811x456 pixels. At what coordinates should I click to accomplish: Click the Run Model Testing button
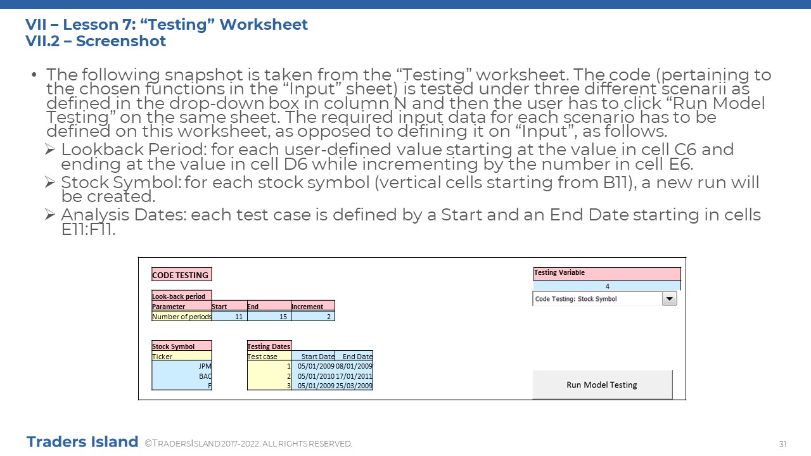click(x=602, y=384)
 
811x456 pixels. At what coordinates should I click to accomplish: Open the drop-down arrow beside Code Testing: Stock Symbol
click(x=670, y=299)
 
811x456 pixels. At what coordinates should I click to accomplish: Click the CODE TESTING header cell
click(x=181, y=275)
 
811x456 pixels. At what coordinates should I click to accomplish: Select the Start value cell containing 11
click(x=229, y=316)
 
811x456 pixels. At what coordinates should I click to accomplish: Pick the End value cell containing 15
click(x=269, y=316)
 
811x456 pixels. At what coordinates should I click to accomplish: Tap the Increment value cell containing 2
click(x=313, y=316)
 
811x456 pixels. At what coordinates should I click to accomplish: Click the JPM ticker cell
click(x=181, y=366)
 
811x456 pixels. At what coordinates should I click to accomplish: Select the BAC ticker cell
click(x=181, y=376)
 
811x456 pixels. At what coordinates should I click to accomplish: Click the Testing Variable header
click(x=607, y=274)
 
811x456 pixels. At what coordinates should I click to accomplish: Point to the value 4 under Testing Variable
click(x=607, y=286)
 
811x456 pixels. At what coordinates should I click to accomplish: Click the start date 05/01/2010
click(x=316, y=376)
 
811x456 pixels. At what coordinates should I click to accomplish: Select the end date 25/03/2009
click(x=354, y=386)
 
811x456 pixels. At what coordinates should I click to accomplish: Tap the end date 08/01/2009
click(x=354, y=366)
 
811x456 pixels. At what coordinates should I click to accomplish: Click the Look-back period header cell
click(x=181, y=296)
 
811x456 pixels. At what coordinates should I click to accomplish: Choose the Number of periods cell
click(x=181, y=316)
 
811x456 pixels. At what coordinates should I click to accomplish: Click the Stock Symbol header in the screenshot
click(x=181, y=346)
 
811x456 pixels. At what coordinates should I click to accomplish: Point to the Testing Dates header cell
click(x=269, y=346)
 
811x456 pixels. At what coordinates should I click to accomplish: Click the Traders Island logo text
click(x=82, y=442)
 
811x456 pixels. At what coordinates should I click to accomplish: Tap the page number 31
click(x=782, y=444)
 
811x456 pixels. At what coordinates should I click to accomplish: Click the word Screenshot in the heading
click(x=121, y=41)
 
